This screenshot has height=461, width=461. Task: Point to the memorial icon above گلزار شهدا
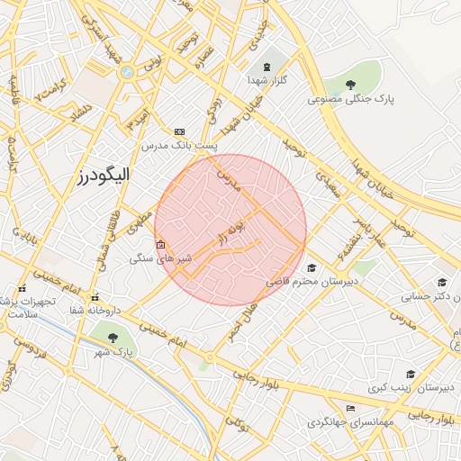267,66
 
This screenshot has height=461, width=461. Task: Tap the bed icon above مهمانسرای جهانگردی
350,408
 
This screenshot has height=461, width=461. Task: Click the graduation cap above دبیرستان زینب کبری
411,373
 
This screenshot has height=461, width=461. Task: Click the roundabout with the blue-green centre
128,72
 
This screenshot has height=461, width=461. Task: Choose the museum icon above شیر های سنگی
160,245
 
